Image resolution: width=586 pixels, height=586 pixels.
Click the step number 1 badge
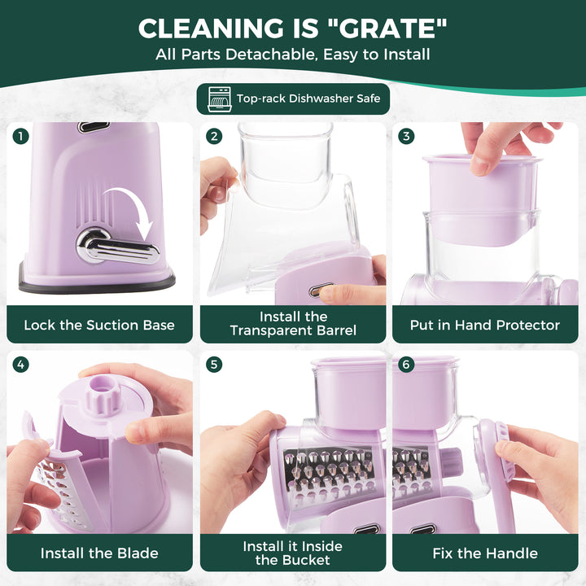[20, 136]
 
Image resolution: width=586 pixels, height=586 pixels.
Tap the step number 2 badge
[214, 136]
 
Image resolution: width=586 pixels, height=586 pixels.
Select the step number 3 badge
[406, 136]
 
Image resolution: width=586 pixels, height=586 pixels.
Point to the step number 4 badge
[20, 365]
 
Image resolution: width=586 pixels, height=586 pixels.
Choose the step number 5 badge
[214, 365]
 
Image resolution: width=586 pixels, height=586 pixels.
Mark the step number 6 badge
[406, 365]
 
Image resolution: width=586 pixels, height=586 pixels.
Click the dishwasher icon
[220, 99]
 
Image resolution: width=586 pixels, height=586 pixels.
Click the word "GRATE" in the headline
[386, 28]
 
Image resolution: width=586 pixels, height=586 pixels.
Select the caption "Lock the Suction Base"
[99, 325]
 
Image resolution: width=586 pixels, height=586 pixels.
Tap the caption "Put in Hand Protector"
[485, 325]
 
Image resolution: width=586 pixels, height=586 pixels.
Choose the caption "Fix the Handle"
[485, 553]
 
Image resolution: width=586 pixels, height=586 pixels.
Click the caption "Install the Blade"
[99, 553]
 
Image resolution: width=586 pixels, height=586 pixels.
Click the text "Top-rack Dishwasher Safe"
[308, 98]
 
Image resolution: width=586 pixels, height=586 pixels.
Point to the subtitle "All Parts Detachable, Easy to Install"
[293, 55]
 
